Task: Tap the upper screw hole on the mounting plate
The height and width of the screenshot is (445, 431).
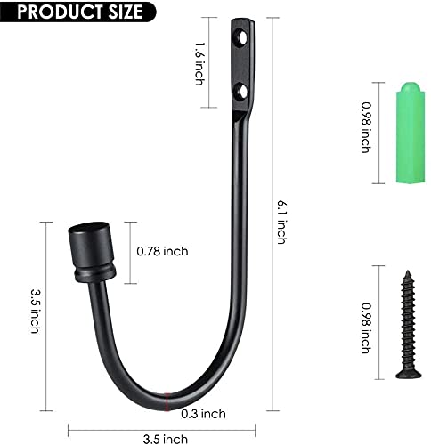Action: pos(240,38)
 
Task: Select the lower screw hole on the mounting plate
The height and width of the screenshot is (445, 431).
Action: pos(239,89)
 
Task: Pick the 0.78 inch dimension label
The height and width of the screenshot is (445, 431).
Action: pos(162,251)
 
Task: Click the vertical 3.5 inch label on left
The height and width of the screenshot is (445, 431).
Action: pos(35,311)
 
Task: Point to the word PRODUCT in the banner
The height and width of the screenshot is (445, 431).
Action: pos(53,12)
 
